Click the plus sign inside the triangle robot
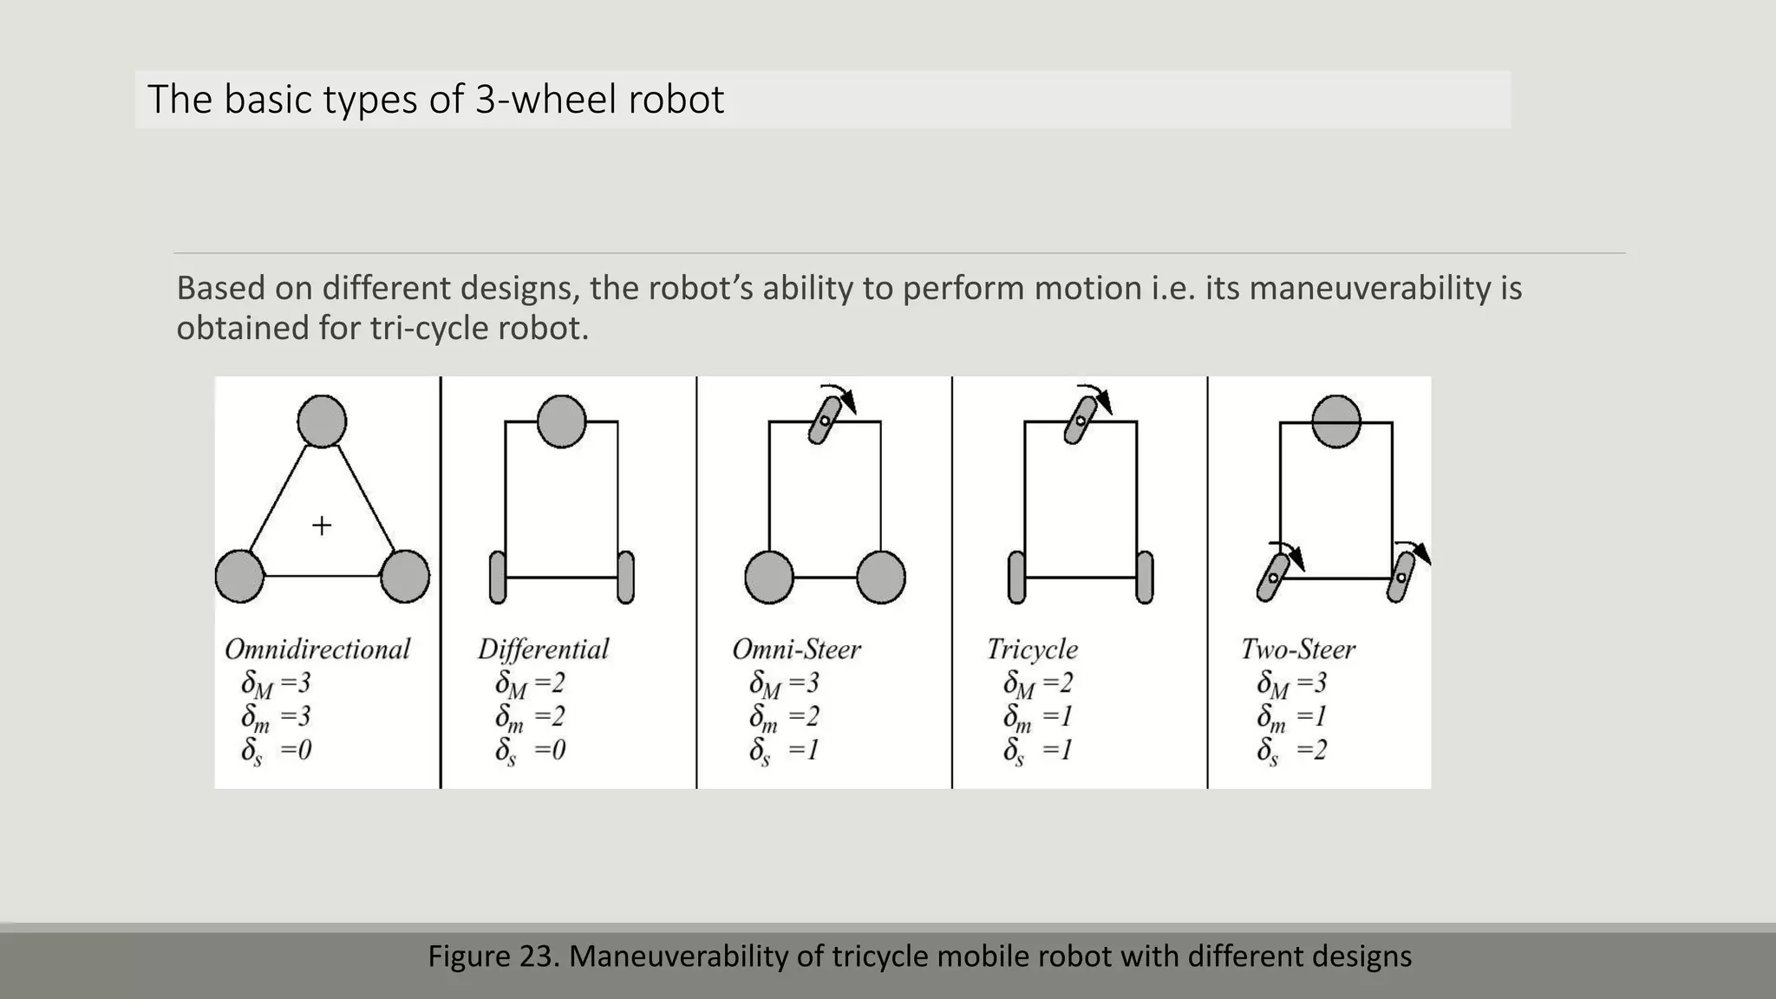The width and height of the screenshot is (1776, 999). click(322, 526)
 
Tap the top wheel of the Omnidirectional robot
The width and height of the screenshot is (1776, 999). click(322, 421)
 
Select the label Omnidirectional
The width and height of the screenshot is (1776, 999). click(317, 650)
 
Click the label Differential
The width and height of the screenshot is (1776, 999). click(544, 650)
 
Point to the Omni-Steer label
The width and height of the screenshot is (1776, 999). click(796, 650)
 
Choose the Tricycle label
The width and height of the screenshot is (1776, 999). click(1032, 650)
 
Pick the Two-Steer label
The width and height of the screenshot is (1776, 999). click(1297, 650)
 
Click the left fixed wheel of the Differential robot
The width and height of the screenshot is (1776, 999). click(498, 577)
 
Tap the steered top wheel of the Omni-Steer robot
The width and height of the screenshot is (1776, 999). click(825, 421)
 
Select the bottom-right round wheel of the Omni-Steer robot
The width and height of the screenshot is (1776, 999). click(881, 577)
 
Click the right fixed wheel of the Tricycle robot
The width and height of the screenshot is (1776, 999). click(1145, 577)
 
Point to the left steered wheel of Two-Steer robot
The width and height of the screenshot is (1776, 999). click(1273, 578)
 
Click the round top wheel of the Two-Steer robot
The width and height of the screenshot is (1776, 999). click(1336, 421)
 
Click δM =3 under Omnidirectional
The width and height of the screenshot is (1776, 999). click(276, 684)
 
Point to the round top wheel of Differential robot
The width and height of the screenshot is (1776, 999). click(561, 421)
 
